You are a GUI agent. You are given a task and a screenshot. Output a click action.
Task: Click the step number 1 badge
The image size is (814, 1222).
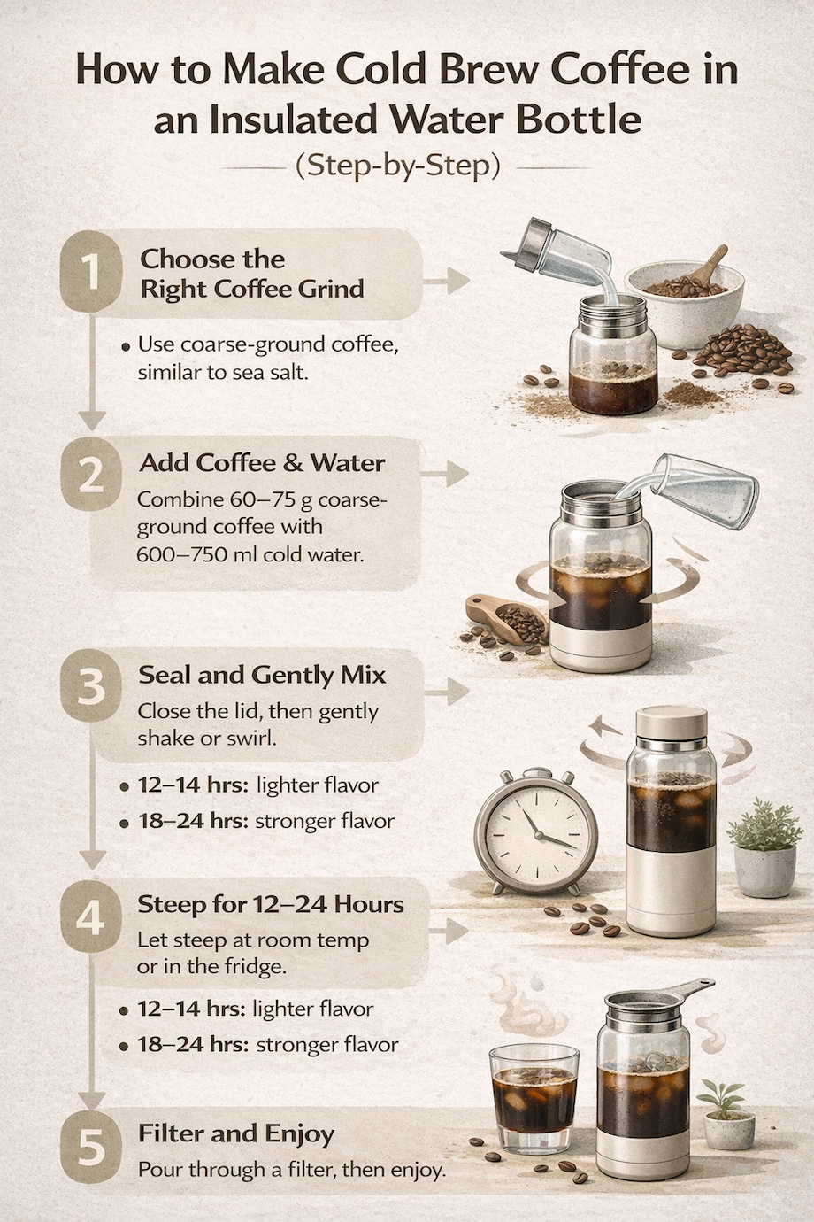click(90, 273)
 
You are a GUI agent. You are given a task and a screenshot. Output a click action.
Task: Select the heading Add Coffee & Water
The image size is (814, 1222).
click(262, 462)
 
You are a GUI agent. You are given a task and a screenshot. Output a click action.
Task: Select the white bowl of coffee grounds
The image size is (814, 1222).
click(684, 301)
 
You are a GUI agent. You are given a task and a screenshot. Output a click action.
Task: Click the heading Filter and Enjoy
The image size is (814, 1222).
click(236, 1133)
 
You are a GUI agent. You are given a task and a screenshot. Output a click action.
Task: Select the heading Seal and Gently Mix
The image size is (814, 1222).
click(262, 675)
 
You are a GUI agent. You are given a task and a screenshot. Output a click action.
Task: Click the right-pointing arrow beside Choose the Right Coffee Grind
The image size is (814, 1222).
click(447, 282)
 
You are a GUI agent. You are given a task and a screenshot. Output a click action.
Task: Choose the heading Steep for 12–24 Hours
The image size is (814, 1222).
click(271, 904)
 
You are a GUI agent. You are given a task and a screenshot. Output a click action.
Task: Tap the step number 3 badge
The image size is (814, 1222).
click(90, 688)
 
